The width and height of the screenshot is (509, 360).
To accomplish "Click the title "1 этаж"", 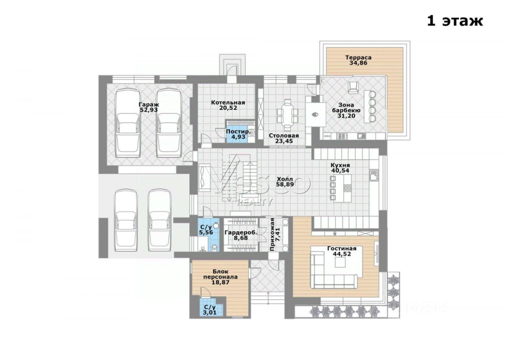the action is (455, 21).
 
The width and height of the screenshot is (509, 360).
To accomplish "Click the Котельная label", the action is (228, 102).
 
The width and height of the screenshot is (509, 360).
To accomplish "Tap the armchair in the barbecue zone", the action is (352, 86).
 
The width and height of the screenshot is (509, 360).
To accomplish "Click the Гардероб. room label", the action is (241, 233).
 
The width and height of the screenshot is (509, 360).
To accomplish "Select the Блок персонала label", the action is (220, 274).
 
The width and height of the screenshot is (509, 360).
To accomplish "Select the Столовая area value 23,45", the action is (284, 141).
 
